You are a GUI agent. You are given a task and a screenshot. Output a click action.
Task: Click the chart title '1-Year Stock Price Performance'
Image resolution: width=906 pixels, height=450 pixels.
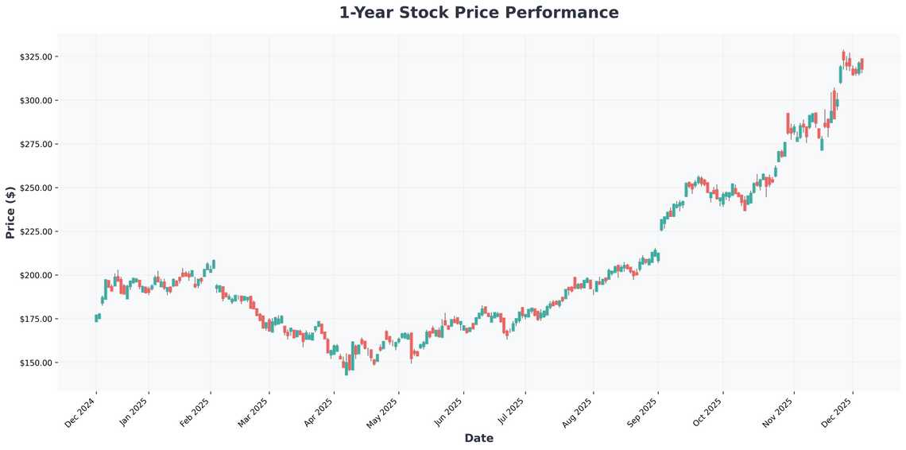point(478,13)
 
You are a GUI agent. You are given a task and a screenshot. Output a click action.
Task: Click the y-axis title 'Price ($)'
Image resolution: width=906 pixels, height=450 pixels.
point(10,211)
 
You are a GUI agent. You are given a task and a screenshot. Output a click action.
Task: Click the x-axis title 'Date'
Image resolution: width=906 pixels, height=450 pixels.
point(478,438)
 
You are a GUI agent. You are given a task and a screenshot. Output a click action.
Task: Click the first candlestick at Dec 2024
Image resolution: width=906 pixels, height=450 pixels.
point(96,318)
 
